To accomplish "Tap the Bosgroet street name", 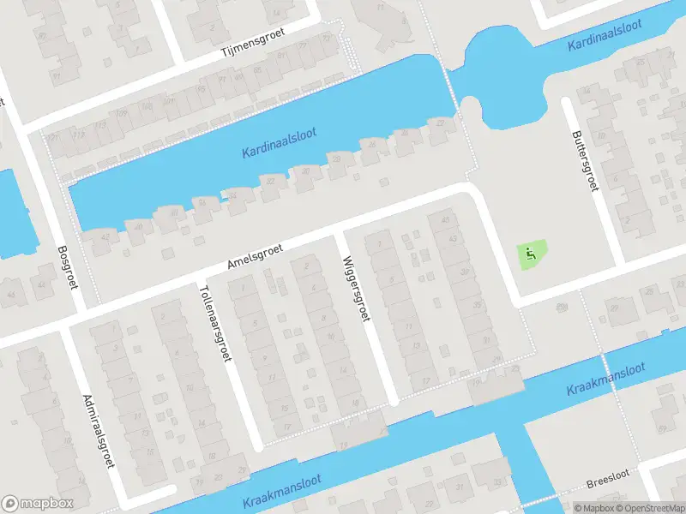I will click(x=67, y=267).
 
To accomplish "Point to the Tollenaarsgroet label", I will click(x=215, y=323).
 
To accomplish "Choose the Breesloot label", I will click(x=608, y=484).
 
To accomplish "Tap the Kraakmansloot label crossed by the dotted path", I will click(x=605, y=383).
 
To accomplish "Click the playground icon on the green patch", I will click(x=531, y=254).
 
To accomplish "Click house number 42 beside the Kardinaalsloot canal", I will click(x=105, y=236).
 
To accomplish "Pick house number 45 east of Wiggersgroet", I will click(x=444, y=220).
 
